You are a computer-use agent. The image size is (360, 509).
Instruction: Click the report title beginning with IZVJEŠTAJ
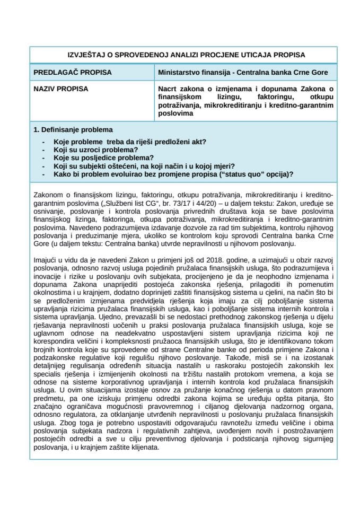[180, 55]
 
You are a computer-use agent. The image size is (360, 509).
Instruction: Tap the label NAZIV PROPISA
[60, 89]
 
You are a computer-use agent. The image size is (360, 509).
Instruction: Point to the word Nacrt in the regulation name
[168, 89]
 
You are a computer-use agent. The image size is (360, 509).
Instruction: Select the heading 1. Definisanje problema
[73, 130]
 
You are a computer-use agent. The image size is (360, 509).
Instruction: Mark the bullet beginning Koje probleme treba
[130, 142]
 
